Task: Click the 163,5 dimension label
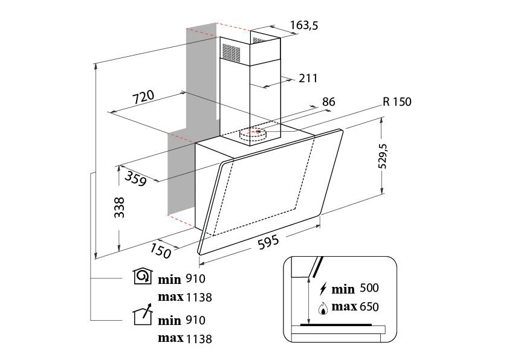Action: [304, 25]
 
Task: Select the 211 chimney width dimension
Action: [308, 78]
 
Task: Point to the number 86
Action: [328, 102]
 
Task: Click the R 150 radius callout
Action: [397, 102]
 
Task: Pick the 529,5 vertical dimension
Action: [383, 156]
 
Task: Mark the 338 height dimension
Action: [119, 207]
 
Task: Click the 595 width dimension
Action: [268, 242]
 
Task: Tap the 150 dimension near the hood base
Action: [160, 251]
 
